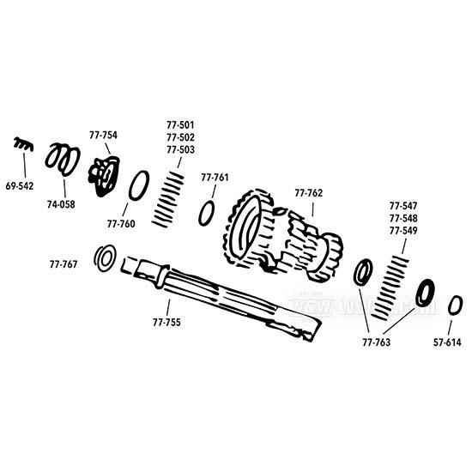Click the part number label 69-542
point(20,185)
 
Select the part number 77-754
point(103,135)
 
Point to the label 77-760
point(121,224)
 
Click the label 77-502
point(180,137)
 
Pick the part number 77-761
point(215,178)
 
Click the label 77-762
point(308,193)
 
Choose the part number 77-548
point(403,219)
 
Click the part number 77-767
point(64,264)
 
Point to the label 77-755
point(166,323)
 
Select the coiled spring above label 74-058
point(63,158)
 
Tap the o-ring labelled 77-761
point(206,213)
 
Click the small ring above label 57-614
point(456,305)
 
